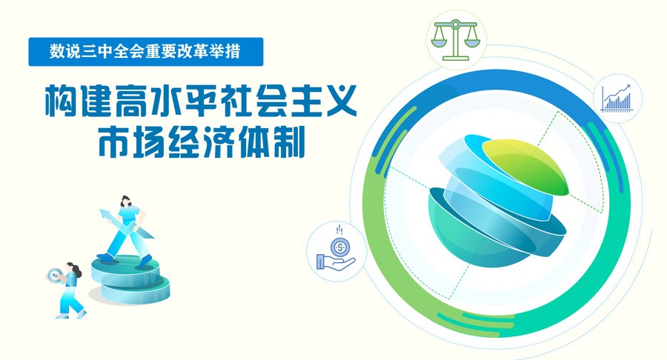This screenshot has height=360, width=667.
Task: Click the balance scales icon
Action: [x=455, y=40]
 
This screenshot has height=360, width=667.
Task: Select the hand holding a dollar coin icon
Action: [x=336, y=250]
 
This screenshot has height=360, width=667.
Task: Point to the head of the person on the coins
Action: [x=127, y=201]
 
